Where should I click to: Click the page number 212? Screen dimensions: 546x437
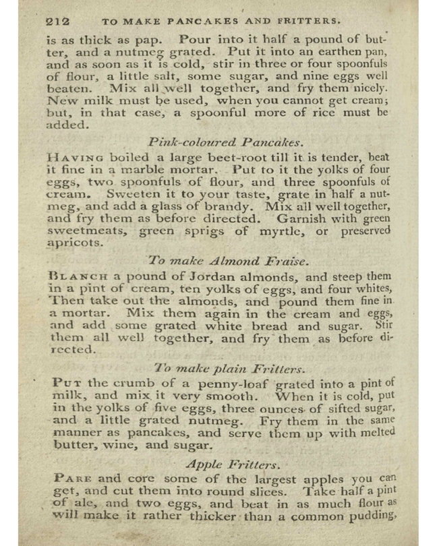click(x=57, y=21)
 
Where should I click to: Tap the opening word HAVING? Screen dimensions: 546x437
click(x=69, y=156)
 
